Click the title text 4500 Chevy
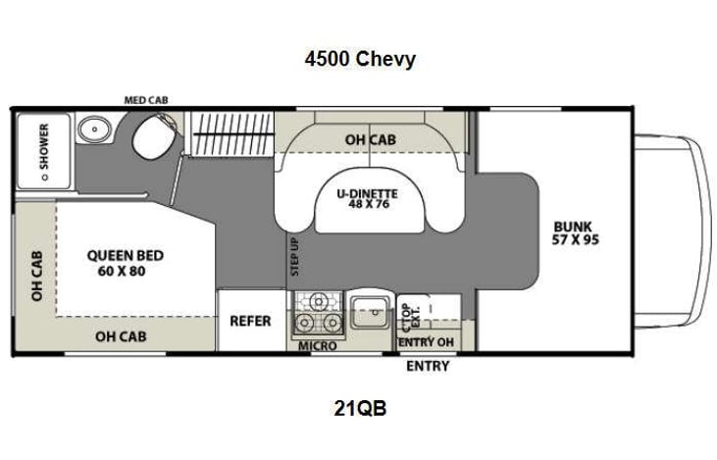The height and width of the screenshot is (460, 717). [359, 59]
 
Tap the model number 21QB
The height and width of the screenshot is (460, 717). [359, 409]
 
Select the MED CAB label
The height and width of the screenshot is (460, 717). [145, 100]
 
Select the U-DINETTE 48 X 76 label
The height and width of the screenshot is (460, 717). [370, 200]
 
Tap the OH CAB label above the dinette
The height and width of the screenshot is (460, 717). [370, 140]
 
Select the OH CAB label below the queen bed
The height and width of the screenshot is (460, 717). [123, 335]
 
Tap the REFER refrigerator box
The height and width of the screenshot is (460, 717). [251, 321]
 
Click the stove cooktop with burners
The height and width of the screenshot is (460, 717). [318, 313]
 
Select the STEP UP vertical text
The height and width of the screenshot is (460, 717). [293, 258]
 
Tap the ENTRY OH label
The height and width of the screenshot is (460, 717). [427, 342]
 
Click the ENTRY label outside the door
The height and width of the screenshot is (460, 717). [428, 366]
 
